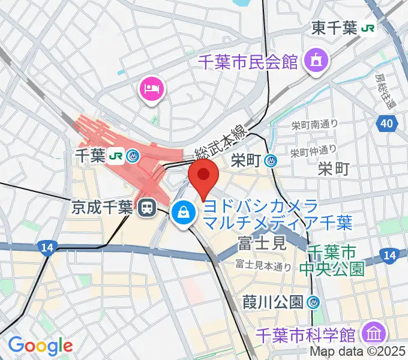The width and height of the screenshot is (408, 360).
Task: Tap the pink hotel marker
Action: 150,89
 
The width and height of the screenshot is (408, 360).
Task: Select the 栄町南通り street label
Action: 314,125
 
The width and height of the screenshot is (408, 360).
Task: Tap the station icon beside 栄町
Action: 271,160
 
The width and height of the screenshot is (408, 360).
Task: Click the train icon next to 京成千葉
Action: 145,208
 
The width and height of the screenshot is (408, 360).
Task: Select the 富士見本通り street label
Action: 263,264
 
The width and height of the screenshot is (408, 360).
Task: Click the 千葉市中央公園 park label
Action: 337,259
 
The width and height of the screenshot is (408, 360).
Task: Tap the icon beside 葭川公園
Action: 312,301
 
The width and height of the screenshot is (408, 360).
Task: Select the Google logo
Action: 40,345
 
